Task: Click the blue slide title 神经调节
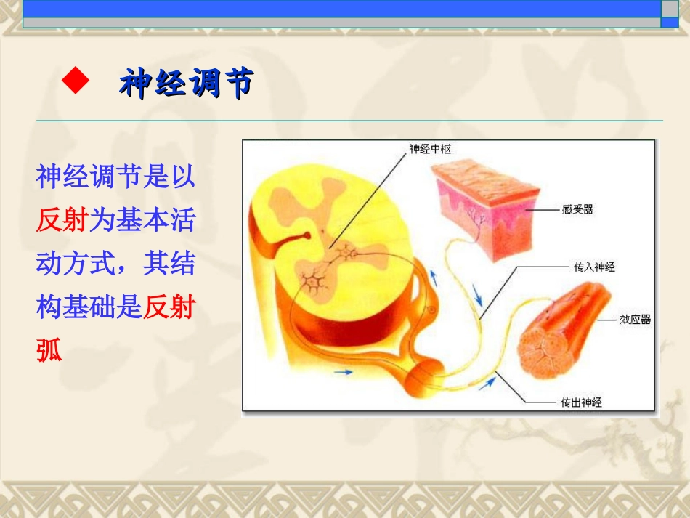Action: coord(186,84)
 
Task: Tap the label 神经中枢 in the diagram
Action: coord(430,150)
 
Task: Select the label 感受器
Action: coord(577,209)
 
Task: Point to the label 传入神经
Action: coord(594,267)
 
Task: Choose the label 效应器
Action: coord(635,319)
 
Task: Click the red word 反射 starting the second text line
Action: coord(62,219)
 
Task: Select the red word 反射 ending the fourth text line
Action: coord(169,307)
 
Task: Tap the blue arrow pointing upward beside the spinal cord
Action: coord(434,278)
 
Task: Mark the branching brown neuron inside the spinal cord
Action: coord(313,278)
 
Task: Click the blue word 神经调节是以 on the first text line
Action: coord(115,177)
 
